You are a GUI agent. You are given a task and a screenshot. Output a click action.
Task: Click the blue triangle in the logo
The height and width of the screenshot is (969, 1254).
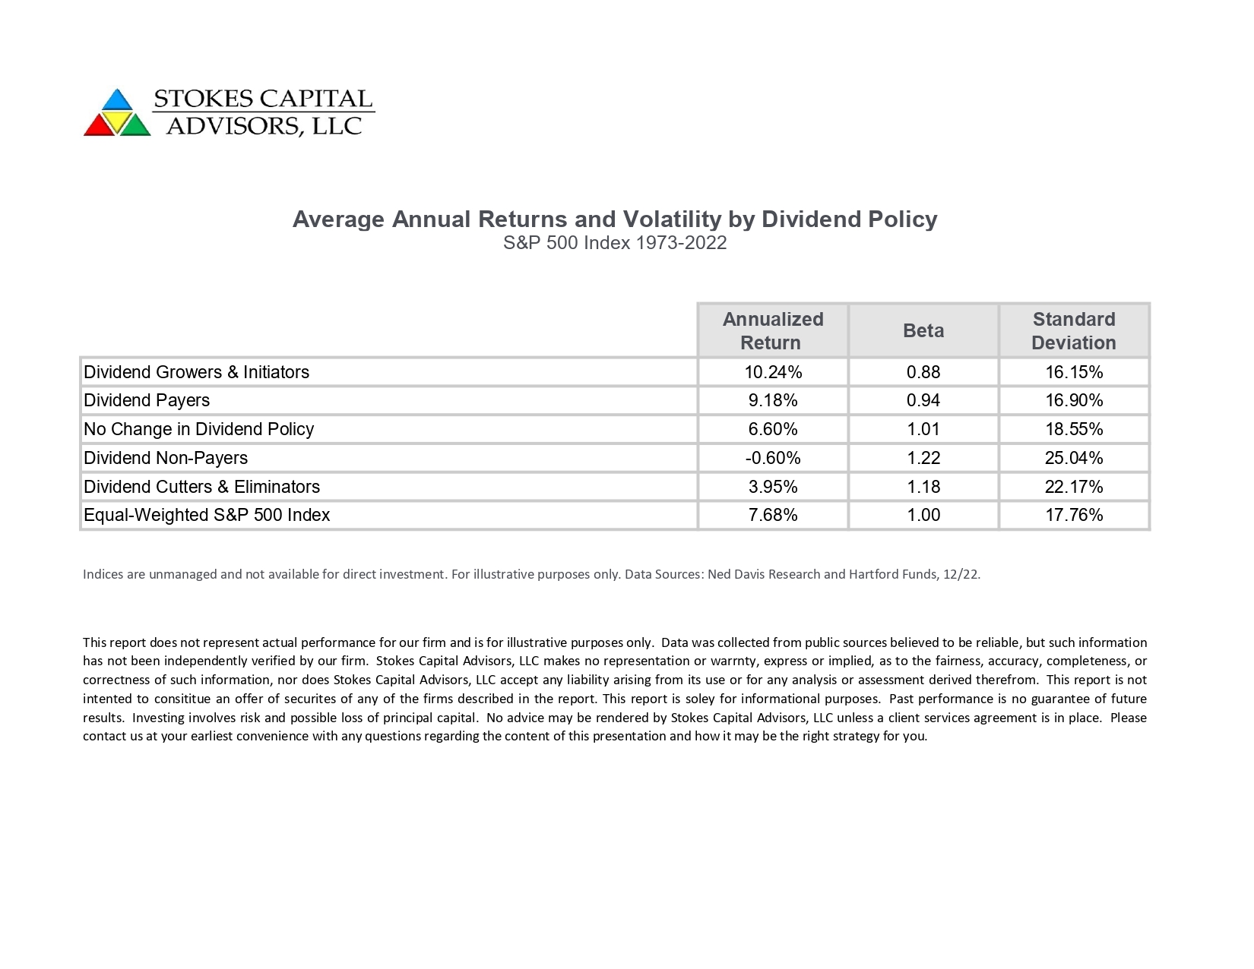click(117, 100)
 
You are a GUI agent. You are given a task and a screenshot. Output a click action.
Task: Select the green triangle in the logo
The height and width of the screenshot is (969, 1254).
click(136, 125)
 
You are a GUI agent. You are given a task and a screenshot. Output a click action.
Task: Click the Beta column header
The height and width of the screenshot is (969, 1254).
click(923, 330)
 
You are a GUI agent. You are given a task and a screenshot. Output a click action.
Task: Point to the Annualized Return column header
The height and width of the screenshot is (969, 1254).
click(773, 330)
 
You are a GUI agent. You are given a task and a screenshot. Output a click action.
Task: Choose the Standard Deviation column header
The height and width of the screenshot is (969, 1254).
click(1073, 330)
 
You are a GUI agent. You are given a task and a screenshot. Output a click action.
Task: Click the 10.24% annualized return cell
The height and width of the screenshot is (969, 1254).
click(773, 372)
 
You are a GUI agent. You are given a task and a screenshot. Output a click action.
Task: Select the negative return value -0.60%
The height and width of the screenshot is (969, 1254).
click(773, 458)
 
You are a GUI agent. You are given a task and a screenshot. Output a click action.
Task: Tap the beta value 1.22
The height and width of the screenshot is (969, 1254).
click(923, 458)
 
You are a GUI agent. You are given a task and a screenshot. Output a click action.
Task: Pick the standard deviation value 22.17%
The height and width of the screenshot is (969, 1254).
click(1073, 487)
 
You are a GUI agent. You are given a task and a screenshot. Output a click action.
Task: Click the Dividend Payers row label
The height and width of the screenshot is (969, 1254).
click(147, 401)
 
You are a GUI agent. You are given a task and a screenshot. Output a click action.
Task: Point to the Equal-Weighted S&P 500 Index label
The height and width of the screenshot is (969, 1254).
click(207, 515)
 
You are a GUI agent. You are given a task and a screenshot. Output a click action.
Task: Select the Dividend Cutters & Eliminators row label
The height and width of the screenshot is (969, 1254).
click(201, 487)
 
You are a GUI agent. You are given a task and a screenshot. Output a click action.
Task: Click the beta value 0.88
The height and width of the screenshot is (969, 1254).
click(923, 372)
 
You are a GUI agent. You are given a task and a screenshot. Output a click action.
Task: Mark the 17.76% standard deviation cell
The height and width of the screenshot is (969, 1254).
click(1073, 515)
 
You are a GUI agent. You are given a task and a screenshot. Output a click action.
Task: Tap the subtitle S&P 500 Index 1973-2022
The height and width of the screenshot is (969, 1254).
click(615, 243)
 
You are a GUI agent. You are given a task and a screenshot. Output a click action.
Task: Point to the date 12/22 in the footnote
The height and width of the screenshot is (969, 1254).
click(961, 574)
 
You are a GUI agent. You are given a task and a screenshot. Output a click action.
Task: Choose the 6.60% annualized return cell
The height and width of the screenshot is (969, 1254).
click(773, 429)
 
